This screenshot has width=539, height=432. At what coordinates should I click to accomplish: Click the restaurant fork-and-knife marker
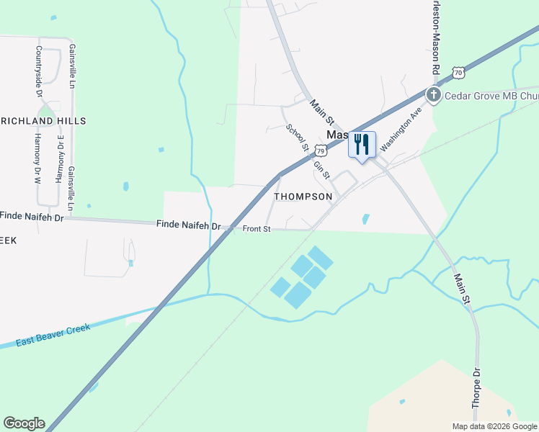[362, 144]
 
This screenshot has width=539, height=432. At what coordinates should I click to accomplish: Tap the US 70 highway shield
[458, 72]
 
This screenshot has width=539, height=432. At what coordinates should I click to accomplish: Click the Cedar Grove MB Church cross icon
[434, 95]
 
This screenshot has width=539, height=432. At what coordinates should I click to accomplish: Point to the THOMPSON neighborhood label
[303, 197]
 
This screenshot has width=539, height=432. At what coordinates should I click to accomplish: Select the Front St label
[256, 229]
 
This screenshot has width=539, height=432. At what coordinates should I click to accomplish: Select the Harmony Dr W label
[38, 158]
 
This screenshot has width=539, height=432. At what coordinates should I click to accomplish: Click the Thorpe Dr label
[476, 390]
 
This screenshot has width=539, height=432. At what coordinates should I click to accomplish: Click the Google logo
[24, 423]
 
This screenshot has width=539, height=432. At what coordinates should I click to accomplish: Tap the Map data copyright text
[494, 426]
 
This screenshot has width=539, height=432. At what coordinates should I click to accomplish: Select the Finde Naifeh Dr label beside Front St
[188, 225]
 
